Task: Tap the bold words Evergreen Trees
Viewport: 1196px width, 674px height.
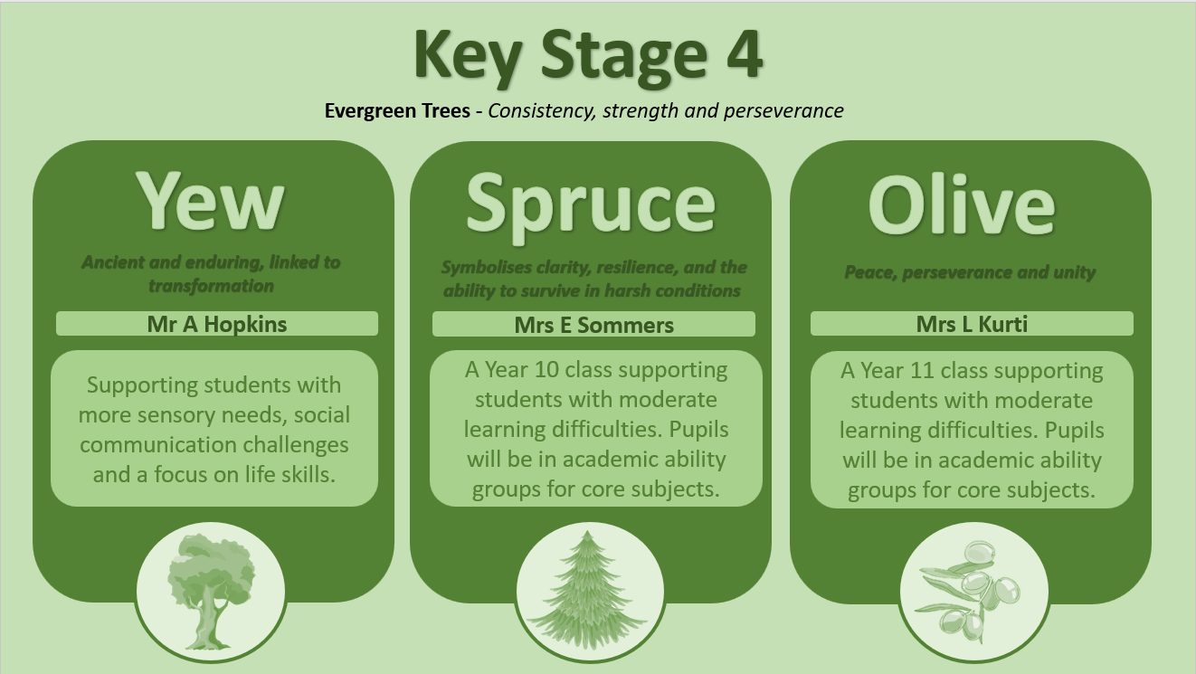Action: pos(397,110)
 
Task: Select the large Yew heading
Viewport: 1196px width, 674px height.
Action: pos(211,202)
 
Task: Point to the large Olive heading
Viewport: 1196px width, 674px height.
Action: pos(962,205)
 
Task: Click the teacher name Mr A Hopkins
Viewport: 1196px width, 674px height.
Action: pos(217,324)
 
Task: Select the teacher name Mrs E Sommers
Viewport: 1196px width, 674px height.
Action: pos(593,325)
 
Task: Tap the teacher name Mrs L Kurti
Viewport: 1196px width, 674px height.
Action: pos(972,324)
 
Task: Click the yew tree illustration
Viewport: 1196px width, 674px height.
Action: pos(212,591)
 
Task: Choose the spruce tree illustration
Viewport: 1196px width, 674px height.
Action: pos(588,590)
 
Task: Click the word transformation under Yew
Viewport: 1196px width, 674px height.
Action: pos(211,286)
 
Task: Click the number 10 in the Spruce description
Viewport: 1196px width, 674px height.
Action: pos(546,370)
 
